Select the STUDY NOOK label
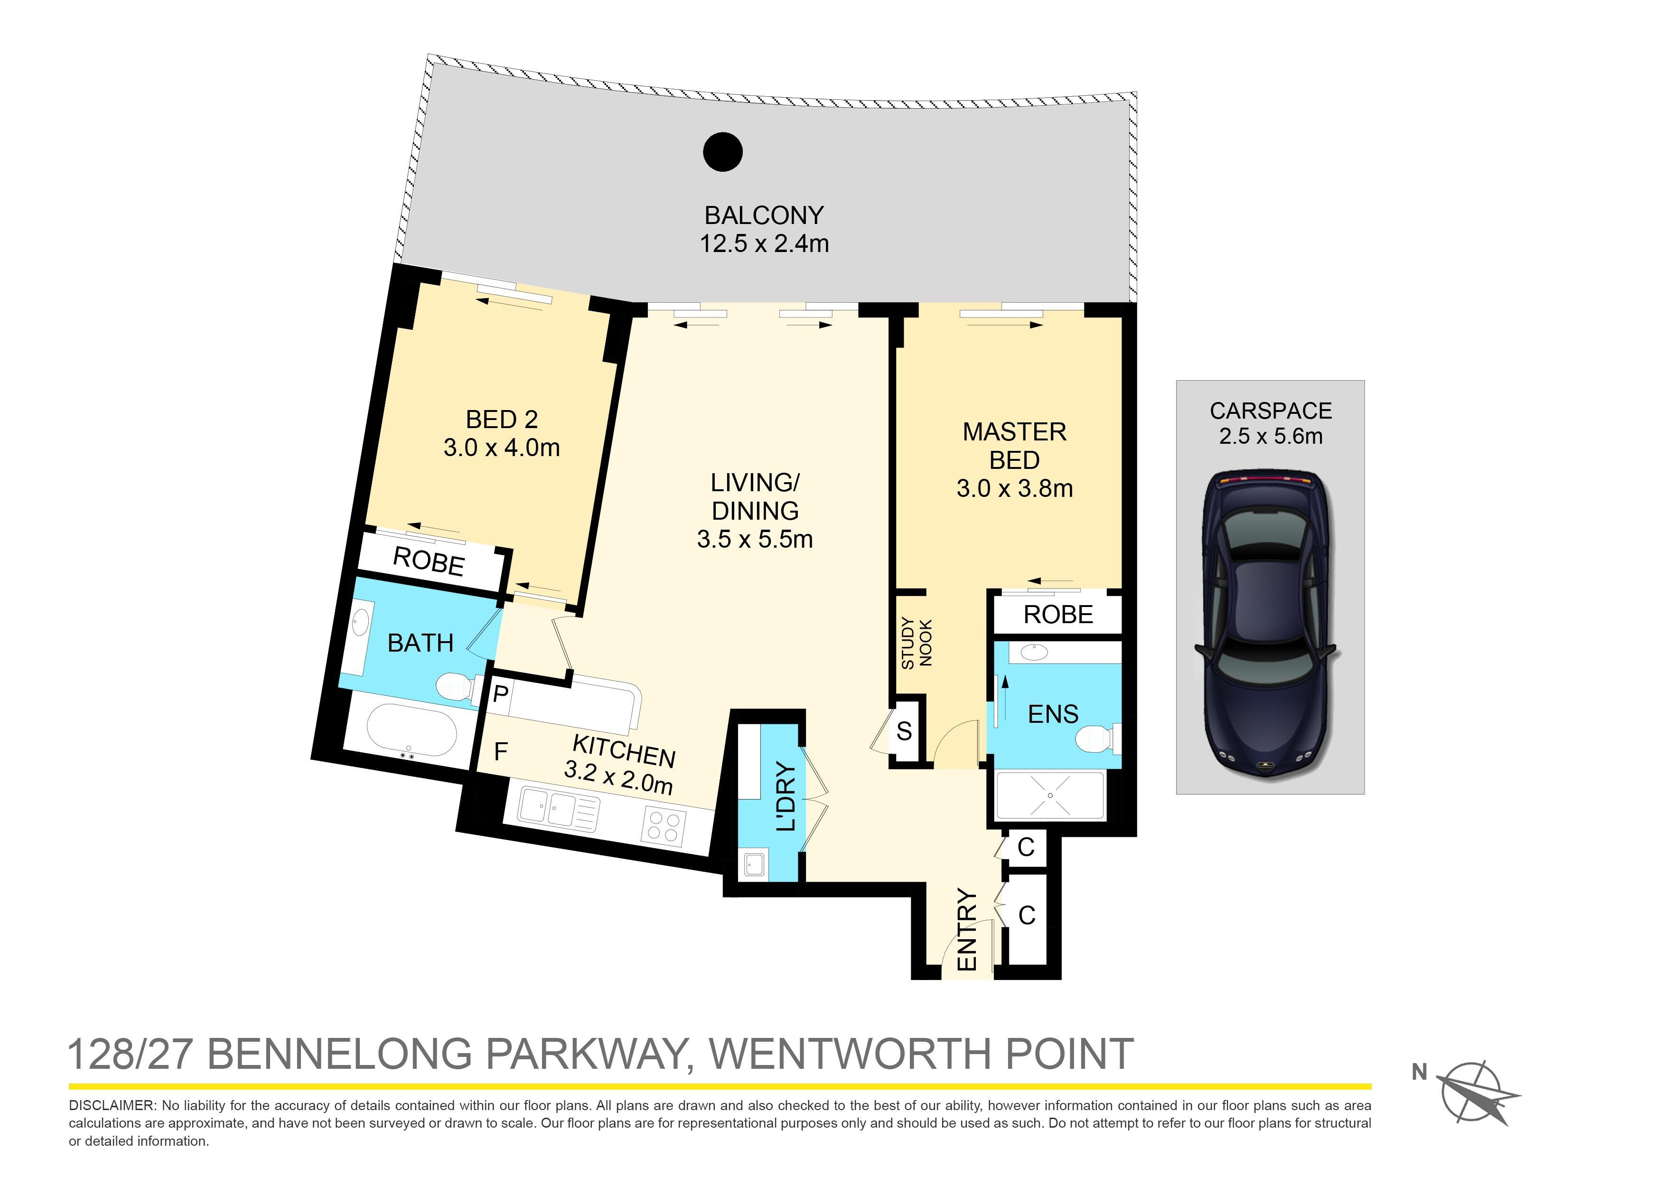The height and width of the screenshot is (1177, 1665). tap(916, 643)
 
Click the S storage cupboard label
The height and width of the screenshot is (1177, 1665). tap(904, 731)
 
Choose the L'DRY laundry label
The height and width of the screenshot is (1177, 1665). tap(786, 797)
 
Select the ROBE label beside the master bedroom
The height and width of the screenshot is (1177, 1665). tap(1058, 614)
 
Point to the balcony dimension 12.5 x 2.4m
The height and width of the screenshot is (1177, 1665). tap(764, 243)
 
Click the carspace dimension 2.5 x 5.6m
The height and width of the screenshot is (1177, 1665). tap(1271, 436)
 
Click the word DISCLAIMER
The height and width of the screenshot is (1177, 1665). tap(112, 1106)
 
